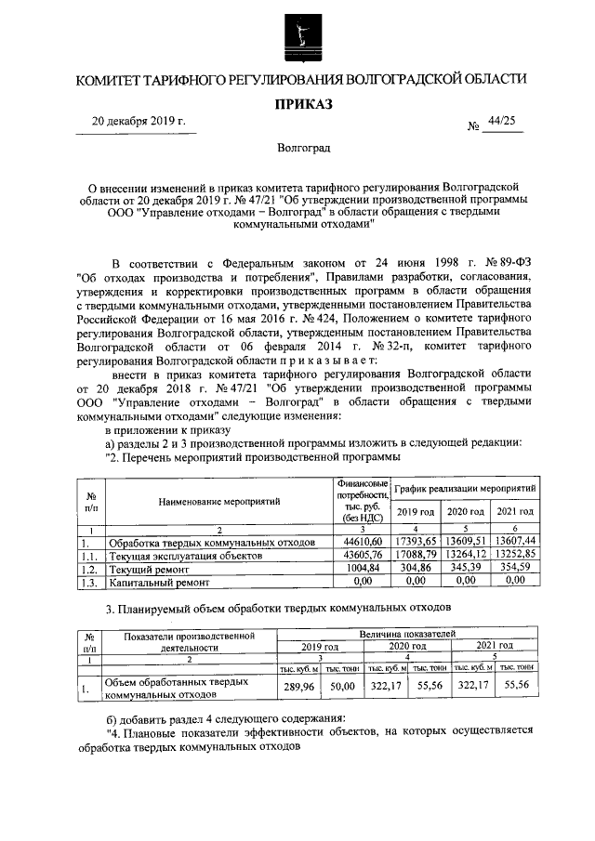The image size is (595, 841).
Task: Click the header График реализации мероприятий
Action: (465, 488)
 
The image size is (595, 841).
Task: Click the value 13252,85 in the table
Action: (514, 555)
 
